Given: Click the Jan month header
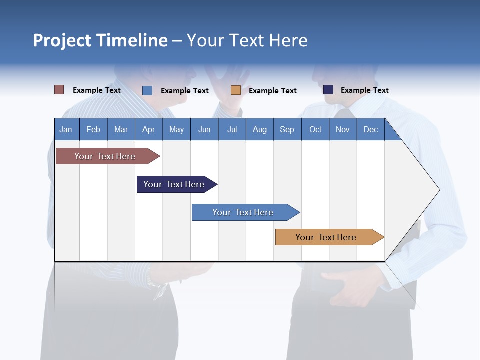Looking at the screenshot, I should [x=66, y=129].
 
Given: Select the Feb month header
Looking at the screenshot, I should [x=93, y=129].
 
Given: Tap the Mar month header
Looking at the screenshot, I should [x=121, y=129].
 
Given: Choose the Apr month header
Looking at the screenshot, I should [x=149, y=129].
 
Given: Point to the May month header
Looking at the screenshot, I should [x=176, y=129].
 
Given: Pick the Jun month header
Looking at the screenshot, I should [x=204, y=129].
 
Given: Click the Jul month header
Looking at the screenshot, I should [x=232, y=129].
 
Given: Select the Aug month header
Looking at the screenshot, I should [x=260, y=129].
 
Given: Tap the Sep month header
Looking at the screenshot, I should [x=287, y=129].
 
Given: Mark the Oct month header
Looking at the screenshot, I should [x=315, y=129].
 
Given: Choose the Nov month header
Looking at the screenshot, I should [x=343, y=129].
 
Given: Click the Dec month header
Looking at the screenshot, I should [x=371, y=129].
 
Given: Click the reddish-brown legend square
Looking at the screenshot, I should [x=59, y=90].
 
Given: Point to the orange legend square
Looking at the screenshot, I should [x=236, y=90].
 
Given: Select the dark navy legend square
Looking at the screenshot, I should [x=328, y=90].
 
